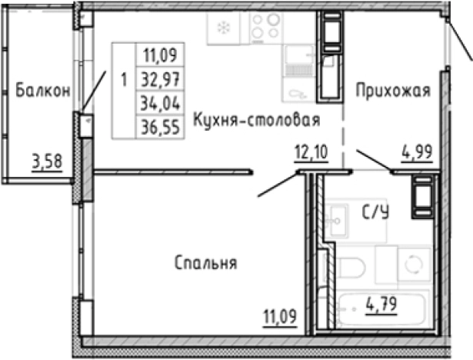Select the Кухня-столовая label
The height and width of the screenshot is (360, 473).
click(256, 120)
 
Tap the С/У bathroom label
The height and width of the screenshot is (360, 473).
click(375, 213)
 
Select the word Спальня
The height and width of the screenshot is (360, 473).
click(205, 263)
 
